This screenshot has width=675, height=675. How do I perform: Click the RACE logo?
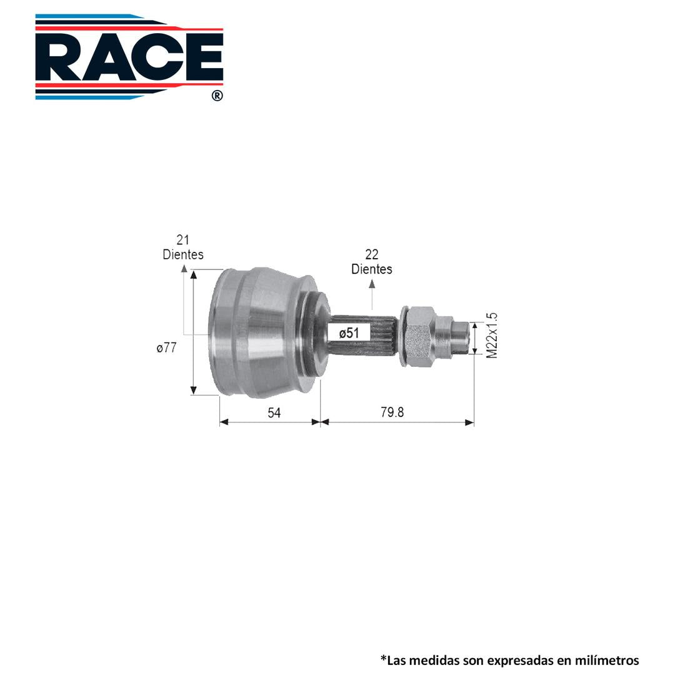tap(129, 57)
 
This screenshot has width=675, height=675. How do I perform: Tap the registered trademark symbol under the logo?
tap(217, 96)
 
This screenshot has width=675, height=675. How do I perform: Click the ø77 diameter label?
tap(167, 347)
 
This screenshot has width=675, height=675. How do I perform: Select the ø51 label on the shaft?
tap(349, 332)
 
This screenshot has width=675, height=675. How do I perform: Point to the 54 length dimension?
tap(274, 412)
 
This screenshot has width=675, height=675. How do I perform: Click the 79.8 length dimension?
tap(392, 412)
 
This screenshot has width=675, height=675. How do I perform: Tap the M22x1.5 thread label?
tap(492, 336)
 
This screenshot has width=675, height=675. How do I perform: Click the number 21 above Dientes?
tap(183, 240)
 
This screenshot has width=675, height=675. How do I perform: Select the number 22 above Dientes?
tap(371, 254)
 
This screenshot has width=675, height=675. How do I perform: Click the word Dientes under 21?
tap(183, 254)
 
